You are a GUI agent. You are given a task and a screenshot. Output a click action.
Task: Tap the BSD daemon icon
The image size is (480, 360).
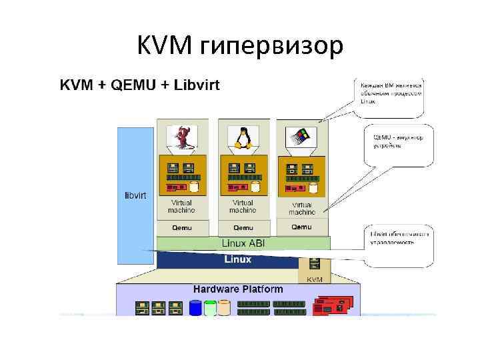(x=181, y=137)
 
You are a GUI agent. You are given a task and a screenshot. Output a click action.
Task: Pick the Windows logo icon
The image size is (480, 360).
(x=299, y=138)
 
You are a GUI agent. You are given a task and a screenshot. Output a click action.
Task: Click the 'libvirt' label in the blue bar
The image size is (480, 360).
(x=135, y=195)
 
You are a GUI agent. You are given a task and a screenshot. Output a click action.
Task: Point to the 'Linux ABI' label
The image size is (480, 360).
(x=243, y=244)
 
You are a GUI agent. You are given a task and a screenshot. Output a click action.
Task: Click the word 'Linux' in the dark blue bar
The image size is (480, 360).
(x=237, y=259)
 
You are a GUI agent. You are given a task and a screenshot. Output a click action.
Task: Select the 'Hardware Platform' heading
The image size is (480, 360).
(x=238, y=290)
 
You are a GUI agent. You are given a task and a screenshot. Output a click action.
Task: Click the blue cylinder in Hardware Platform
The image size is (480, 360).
(x=195, y=308)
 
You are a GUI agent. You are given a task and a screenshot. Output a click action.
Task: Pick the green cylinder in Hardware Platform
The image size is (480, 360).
(x=210, y=308)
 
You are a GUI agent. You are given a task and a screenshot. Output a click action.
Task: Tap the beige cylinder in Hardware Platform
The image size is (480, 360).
(x=225, y=308)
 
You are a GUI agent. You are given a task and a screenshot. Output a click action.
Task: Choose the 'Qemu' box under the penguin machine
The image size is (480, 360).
(x=243, y=227)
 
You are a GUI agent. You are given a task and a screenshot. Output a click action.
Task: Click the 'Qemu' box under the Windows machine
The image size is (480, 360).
(x=301, y=227)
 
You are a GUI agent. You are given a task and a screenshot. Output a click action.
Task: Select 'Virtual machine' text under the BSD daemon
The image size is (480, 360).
(x=181, y=206)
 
